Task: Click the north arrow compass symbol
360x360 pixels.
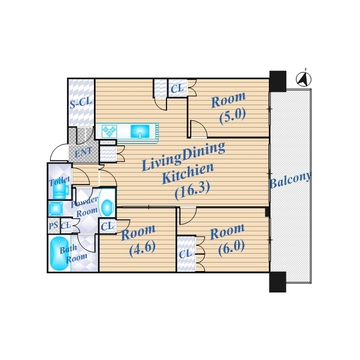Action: (x=304, y=79)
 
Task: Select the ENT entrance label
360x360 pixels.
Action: (x=84, y=152)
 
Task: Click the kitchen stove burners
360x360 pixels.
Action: (x=109, y=131)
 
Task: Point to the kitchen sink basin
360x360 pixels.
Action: (x=140, y=132)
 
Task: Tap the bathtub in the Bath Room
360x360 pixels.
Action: (x=59, y=254)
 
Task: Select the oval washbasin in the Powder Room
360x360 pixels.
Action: (x=107, y=208)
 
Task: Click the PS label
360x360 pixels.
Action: (x=53, y=225)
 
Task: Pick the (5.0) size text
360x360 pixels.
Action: (x=233, y=116)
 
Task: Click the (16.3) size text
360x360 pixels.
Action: (x=192, y=190)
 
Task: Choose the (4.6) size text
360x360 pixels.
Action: (x=142, y=249)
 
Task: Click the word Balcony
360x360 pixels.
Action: (x=291, y=180)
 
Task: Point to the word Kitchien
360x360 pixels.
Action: (x=188, y=173)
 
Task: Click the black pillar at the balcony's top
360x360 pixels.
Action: (x=278, y=81)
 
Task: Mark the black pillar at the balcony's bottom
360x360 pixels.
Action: (x=278, y=282)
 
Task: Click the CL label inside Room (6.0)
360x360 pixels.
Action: (x=185, y=254)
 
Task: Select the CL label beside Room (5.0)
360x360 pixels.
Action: (x=178, y=88)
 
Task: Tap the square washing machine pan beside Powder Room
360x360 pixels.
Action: (x=56, y=209)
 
